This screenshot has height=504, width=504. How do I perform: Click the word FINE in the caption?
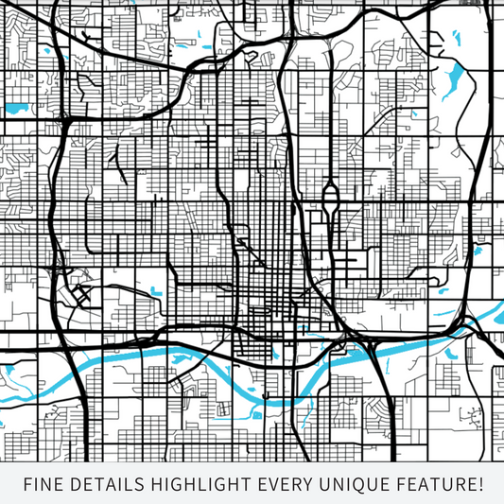click(x=43, y=485)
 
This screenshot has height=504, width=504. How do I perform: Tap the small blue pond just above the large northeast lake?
click(x=455, y=39)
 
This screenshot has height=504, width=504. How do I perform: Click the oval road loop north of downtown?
click(x=330, y=200)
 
